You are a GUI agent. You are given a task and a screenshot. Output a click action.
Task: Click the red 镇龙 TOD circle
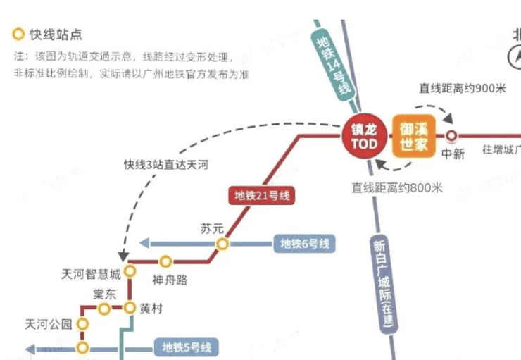point(365,137)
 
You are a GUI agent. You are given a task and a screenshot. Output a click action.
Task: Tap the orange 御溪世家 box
point(414,136)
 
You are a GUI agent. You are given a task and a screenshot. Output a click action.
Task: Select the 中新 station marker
point(451,136)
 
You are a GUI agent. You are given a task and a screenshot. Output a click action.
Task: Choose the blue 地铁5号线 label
point(186,347)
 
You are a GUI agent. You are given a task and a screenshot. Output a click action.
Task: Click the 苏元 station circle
point(222,244)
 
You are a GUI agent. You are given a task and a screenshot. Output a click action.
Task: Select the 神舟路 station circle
point(166,261)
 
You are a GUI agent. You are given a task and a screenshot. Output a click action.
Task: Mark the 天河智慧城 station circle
point(130,271)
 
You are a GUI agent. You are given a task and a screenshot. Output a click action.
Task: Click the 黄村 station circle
point(130,308)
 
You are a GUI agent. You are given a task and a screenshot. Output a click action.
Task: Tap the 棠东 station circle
point(104,309)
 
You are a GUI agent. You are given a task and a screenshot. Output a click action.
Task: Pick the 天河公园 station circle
point(83,324)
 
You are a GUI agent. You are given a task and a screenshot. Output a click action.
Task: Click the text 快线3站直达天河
point(165,165)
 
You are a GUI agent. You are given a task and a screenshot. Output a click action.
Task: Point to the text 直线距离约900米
point(463,88)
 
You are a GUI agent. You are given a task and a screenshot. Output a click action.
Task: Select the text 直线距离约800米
point(397,187)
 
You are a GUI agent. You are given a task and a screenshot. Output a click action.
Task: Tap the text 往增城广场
point(501,149)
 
